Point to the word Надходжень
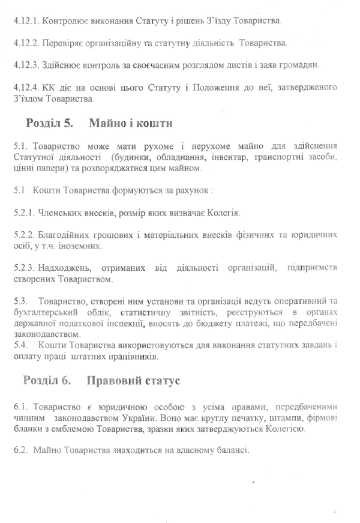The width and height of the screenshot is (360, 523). coord(65,268)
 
